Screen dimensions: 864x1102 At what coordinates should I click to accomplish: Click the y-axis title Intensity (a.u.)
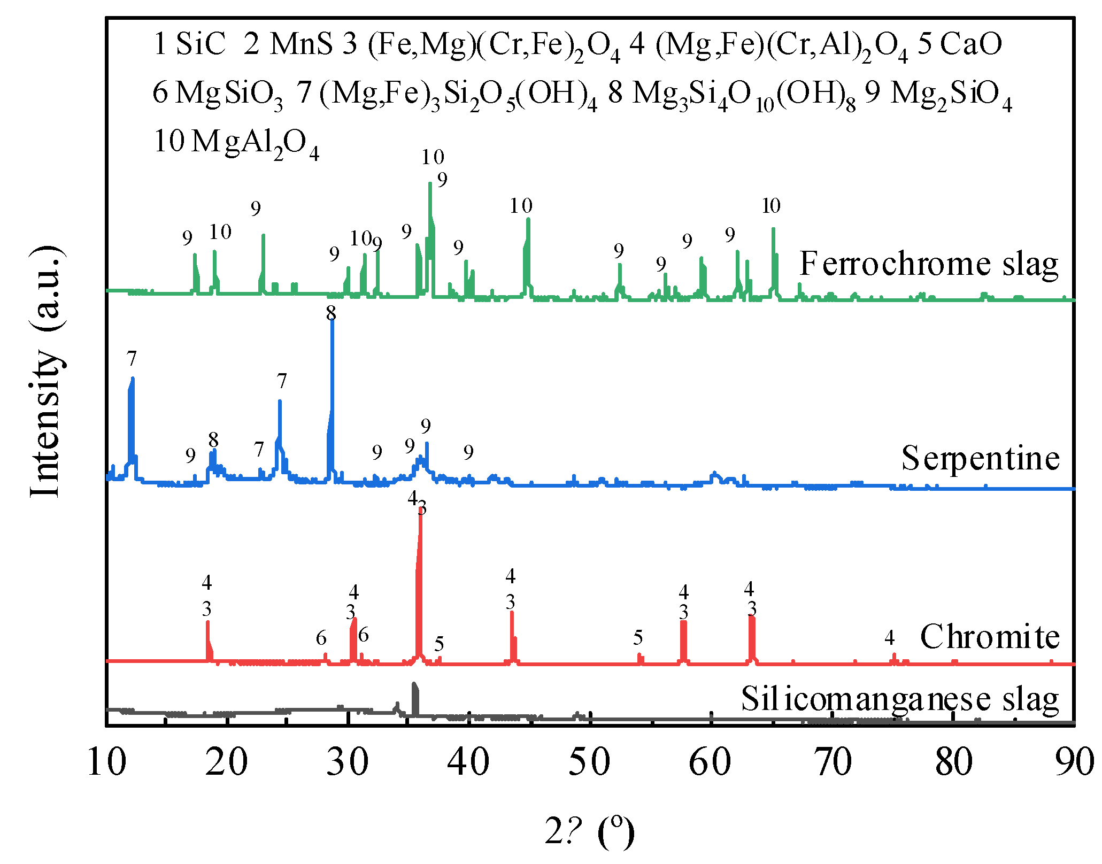click(x=47, y=372)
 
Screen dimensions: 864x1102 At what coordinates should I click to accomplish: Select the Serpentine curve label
click(x=980, y=458)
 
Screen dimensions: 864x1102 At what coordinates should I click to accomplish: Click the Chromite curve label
click(x=990, y=637)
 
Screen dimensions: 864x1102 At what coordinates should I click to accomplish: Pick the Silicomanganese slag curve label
click(x=899, y=699)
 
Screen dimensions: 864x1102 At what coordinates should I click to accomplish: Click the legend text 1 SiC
click(x=189, y=44)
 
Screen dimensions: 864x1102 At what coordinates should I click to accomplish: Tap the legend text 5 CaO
click(x=960, y=44)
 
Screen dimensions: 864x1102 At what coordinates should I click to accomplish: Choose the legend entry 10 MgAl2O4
click(x=236, y=143)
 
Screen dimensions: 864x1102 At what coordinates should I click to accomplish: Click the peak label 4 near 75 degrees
click(x=889, y=637)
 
